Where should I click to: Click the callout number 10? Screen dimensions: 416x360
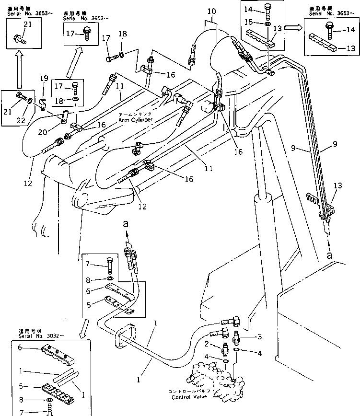[x=211, y=11]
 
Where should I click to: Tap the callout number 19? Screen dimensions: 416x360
[x=44, y=78]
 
